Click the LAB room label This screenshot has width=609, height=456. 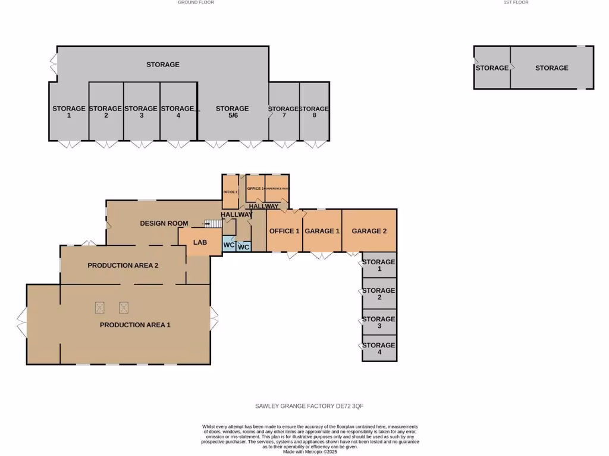199,243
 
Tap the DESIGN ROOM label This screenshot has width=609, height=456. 164,223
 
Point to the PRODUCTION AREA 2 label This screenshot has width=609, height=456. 123,265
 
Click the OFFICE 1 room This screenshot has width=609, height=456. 284,231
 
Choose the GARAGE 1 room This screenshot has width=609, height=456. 322,231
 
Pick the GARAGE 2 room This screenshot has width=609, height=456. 369,231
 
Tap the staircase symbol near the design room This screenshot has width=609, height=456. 212,223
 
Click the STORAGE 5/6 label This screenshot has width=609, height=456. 232,112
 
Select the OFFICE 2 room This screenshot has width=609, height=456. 230,192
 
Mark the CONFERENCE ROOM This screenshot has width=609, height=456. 277,188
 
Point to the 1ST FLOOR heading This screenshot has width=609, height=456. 516,2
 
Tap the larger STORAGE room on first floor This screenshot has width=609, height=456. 551,68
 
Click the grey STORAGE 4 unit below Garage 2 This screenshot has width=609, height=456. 379,349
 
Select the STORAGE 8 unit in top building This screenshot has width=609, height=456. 314,112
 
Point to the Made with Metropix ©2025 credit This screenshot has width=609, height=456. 310,452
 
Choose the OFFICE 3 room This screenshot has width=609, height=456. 255,188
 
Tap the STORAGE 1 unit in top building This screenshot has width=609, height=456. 68,112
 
